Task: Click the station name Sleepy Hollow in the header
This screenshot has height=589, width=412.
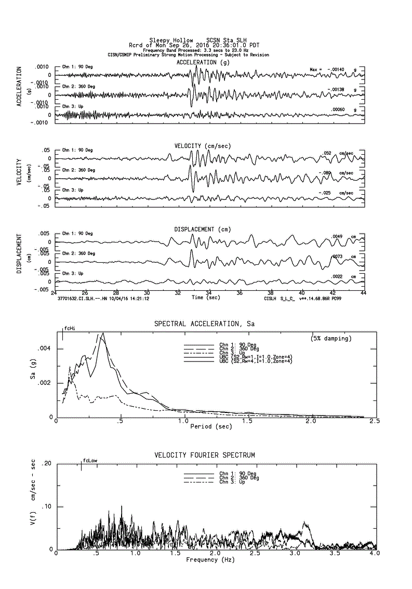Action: click(171, 40)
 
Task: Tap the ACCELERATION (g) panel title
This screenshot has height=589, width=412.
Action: click(203, 62)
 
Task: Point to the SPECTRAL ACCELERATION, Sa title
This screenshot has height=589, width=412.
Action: click(204, 324)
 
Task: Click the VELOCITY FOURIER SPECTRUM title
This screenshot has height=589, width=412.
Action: click(205, 456)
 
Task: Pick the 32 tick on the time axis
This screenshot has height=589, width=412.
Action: click(178, 292)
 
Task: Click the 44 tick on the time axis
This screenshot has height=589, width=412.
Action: click(363, 292)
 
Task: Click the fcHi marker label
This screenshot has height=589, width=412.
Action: click(70, 329)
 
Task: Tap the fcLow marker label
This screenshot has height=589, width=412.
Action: click(90, 461)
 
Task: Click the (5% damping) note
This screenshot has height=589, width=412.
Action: click(331, 338)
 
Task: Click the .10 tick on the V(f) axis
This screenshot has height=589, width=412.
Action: click(46, 506)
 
